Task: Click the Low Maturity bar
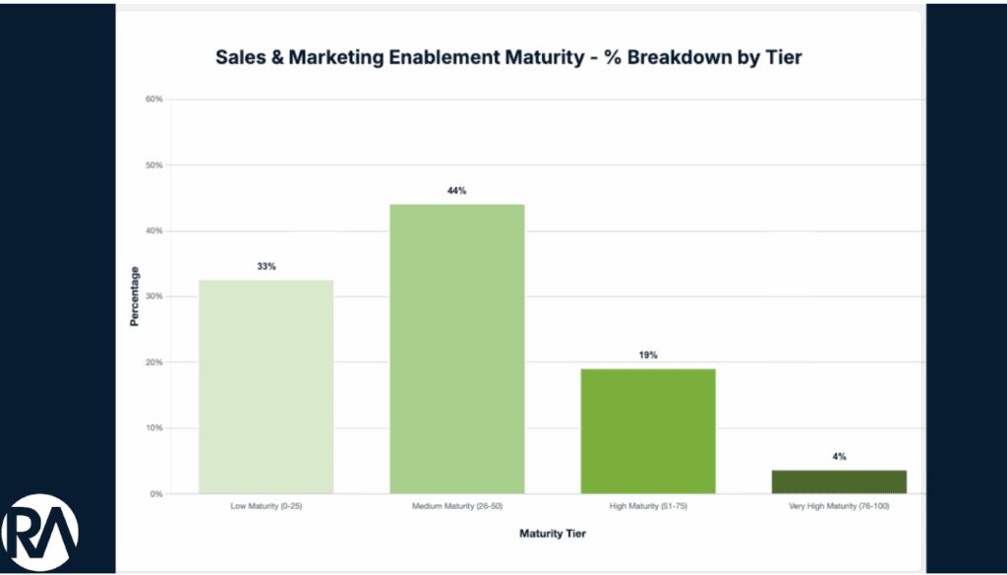(266, 386)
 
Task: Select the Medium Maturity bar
(457, 349)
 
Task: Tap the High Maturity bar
(648, 430)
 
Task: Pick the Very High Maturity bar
(839, 481)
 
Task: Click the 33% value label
(267, 267)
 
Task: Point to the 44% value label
(456, 191)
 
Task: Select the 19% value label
(648, 354)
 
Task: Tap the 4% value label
(839, 457)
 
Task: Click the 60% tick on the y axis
(153, 99)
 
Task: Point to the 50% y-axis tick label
(153, 165)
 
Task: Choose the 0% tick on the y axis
(155, 494)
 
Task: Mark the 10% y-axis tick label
(153, 428)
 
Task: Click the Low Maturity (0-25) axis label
(266, 506)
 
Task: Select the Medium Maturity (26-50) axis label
(456, 506)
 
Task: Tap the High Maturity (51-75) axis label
(648, 506)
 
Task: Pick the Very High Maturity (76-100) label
(839, 506)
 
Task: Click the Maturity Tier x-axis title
(552, 534)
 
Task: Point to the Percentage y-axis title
(134, 296)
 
